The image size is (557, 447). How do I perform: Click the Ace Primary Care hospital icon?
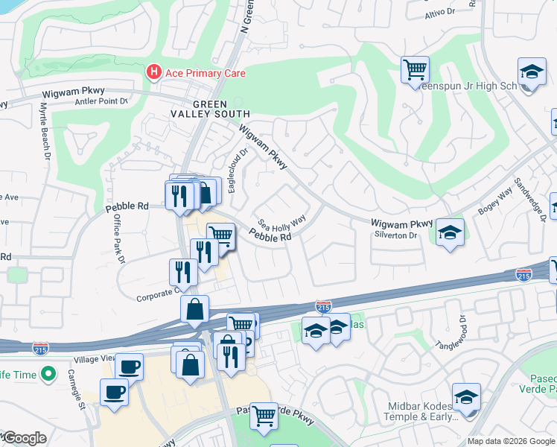[154, 73]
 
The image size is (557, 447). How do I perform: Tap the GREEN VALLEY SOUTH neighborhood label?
[221, 109]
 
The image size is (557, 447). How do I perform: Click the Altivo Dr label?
[439, 13]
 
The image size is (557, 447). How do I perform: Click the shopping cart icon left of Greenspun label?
[415, 69]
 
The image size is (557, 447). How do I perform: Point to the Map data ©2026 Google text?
[511, 441]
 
